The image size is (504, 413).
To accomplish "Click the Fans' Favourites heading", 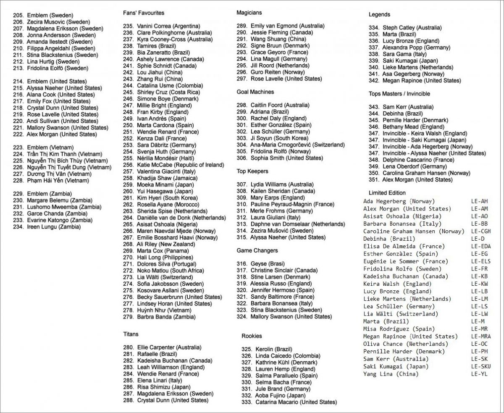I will click(144, 13).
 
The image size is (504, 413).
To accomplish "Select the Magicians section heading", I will click(249, 13).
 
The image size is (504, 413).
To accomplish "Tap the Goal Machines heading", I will click(255, 92).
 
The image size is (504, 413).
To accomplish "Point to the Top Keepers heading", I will click(252, 171).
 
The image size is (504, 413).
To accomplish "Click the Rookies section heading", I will click(252, 336).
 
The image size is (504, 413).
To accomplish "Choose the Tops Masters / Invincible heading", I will click(399, 94).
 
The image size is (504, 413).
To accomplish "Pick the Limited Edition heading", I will click(387, 193).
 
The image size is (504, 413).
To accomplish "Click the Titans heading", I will click(131, 334).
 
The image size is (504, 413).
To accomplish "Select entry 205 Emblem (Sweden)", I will click(43, 15).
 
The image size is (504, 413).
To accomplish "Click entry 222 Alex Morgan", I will click(55, 134).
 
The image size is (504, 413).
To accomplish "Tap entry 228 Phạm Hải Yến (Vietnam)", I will click(51, 180).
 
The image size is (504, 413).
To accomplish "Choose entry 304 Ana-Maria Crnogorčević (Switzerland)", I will click(291, 145).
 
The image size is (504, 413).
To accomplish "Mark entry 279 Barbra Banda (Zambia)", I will click(160, 316).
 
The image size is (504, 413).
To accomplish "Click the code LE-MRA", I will click(480, 336).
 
